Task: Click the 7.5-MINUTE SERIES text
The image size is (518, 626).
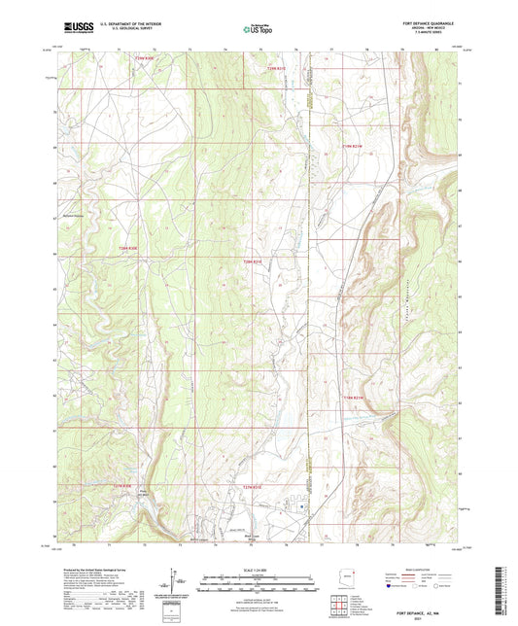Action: click(434, 35)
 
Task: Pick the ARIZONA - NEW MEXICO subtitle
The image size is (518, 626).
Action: click(434, 29)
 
